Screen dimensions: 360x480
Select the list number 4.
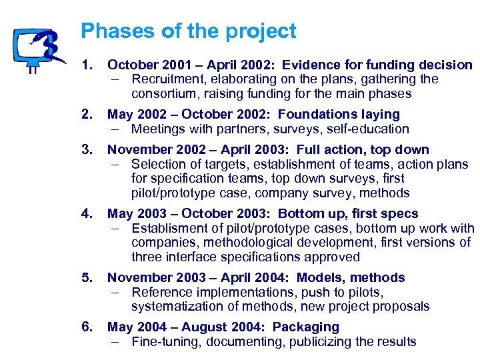85,214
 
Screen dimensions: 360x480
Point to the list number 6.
85,327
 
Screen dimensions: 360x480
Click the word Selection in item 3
158,164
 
